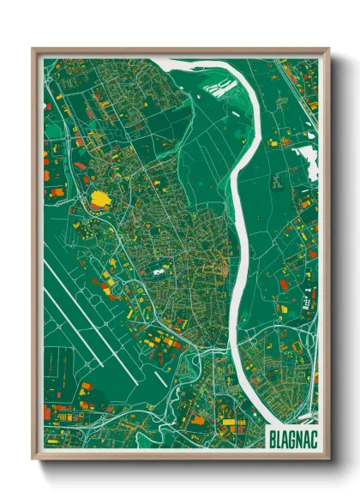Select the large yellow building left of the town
click(100, 200)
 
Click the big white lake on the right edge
click(305, 159)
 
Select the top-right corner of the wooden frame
click(327, 50)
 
